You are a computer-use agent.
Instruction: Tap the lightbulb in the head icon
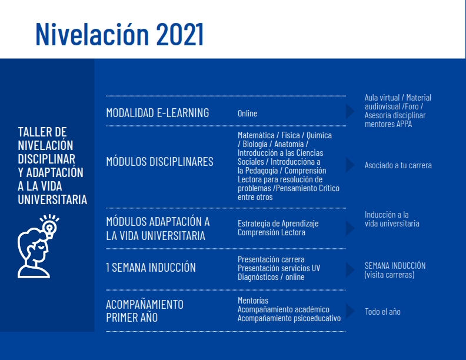tap(49, 227)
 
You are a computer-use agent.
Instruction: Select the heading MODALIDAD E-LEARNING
tap(158, 113)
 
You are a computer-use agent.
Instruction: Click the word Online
tap(247, 114)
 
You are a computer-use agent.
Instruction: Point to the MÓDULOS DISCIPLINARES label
tap(159, 162)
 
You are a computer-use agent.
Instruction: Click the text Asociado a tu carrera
tap(398, 165)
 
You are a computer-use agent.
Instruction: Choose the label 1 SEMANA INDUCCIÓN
tap(151, 267)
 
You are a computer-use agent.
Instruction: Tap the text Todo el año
tap(382, 312)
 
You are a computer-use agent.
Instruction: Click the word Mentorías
tap(253, 301)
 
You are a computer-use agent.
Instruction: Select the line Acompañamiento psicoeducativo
tap(289, 318)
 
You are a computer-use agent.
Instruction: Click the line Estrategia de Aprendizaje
tap(278, 224)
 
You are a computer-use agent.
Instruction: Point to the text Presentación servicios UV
tap(279, 268)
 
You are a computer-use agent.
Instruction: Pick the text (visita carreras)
tap(390, 275)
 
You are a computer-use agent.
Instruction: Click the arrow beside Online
tap(350, 111)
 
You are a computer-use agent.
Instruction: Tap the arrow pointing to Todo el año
tap(350, 311)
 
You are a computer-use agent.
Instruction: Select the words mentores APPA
tap(388, 124)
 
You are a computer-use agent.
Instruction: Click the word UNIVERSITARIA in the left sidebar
tap(52, 199)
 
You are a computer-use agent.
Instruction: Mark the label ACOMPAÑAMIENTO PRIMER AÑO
tap(145, 311)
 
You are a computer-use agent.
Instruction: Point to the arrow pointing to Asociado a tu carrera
tap(350, 165)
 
